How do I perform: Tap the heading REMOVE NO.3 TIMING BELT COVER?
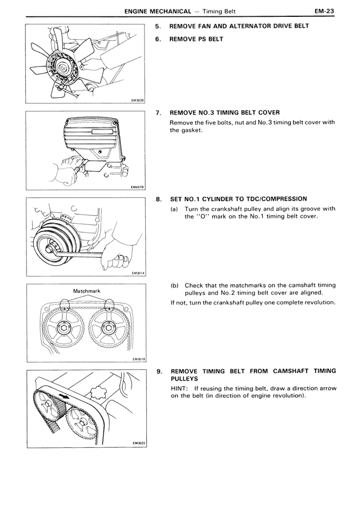click(224, 113)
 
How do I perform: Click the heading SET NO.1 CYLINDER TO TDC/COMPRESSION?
click(238, 199)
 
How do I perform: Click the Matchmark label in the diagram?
click(87, 291)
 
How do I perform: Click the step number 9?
click(159, 371)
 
